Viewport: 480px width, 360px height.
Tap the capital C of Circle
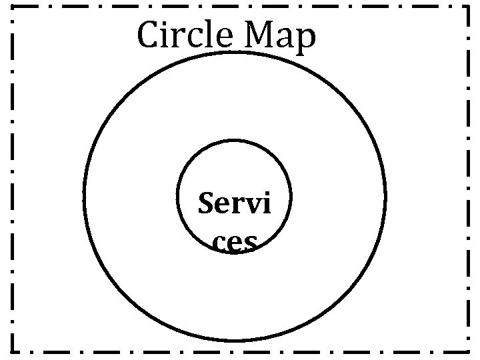click(x=149, y=36)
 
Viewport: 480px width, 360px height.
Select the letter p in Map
click(x=305, y=41)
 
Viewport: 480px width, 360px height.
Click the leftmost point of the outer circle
click(x=85, y=197)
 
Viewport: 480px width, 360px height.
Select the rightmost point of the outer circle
click(x=385, y=197)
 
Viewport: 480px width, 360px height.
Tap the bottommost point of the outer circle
click(x=235, y=341)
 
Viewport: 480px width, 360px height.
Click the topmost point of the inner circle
click(x=235, y=141)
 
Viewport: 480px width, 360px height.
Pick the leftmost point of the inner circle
click(x=178, y=197)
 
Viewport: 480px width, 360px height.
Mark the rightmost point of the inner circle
click(x=291, y=197)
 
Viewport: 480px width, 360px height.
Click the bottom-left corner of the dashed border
click(x=13, y=351)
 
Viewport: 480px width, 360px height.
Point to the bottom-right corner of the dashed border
click(x=468, y=351)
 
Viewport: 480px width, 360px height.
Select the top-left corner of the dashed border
click(x=13, y=7)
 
